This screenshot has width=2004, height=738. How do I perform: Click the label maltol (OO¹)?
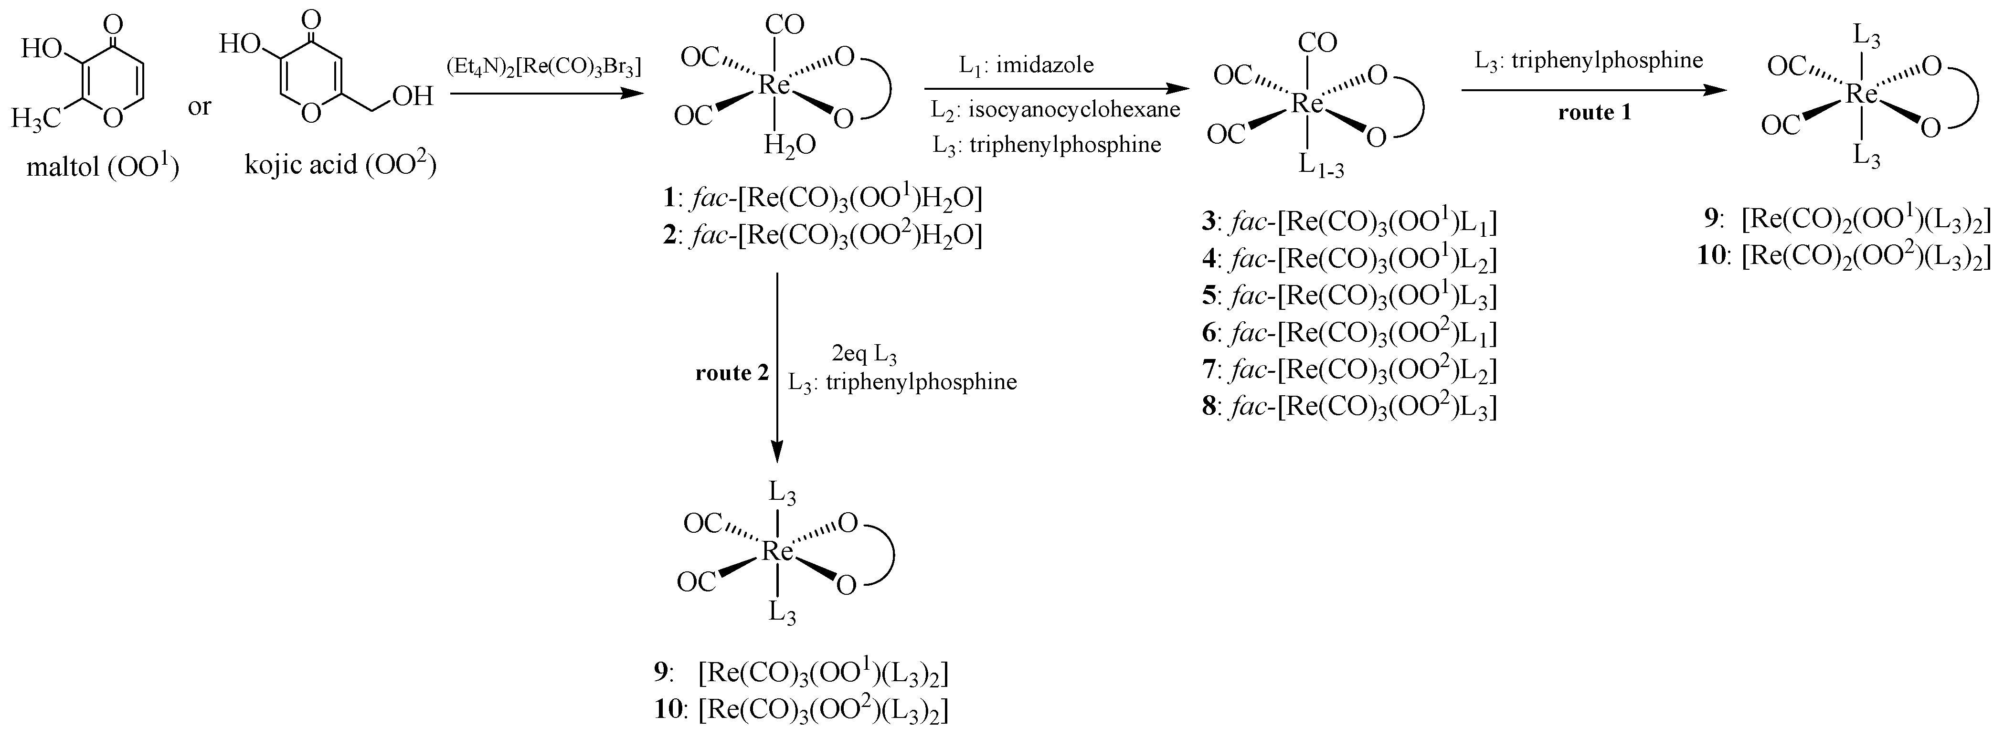pyautogui.click(x=103, y=167)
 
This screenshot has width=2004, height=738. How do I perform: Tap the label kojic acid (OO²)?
pyautogui.click(x=340, y=164)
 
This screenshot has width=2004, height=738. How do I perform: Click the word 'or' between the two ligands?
pyautogui.click(x=199, y=106)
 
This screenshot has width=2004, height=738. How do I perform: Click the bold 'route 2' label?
pyautogui.click(x=732, y=373)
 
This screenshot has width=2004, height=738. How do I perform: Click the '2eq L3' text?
pyautogui.click(x=863, y=355)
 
